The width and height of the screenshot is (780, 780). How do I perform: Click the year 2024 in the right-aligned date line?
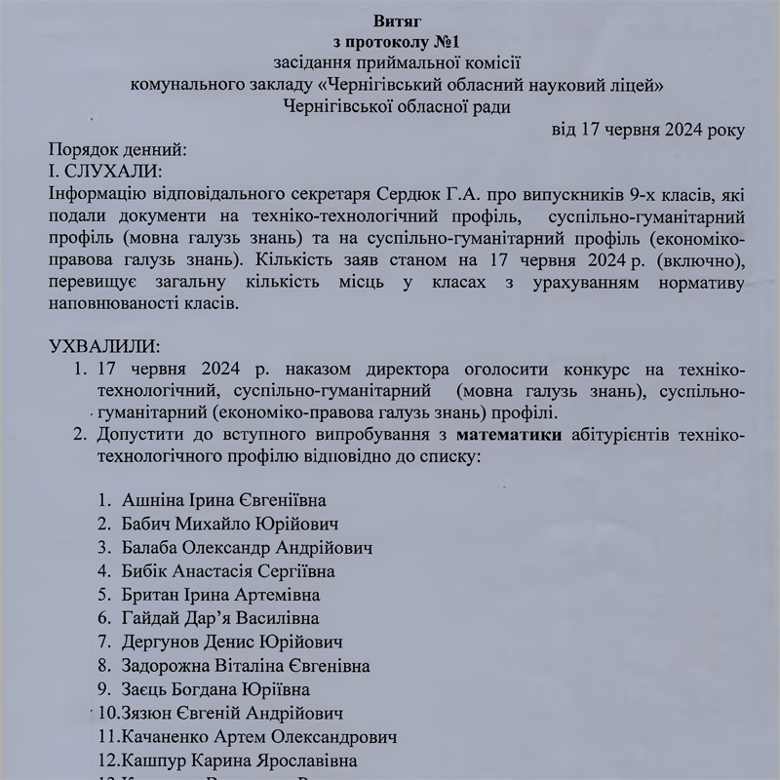tap(666, 130)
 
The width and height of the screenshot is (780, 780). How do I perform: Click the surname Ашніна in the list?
tap(154, 500)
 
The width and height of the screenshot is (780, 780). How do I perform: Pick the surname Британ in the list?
tap(153, 594)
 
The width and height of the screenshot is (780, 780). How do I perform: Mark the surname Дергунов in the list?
tap(160, 642)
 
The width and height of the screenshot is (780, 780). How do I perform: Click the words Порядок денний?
tap(116, 150)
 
